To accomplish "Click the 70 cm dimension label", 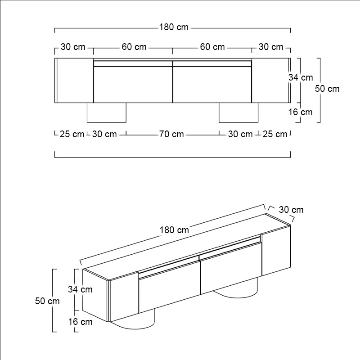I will [x=171, y=134].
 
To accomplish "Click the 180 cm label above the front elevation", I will [x=173, y=27].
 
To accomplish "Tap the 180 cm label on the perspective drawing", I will [x=174, y=229].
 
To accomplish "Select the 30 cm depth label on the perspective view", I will [x=291, y=210].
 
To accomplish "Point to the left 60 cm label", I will [x=134, y=47].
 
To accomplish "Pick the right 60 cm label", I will [x=212, y=47].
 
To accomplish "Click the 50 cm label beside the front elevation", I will [x=327, y=89].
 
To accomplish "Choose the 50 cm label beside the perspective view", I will [x=47, y=301].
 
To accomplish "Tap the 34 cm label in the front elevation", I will [x=301, y=77].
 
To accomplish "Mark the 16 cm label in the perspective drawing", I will [x=81, y=321].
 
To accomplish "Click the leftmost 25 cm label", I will [x=72, y=134].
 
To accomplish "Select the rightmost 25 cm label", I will [x=274, y=134].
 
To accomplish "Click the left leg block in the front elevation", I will [x=106, y=112].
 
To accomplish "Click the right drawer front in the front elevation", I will [x=212, y=84].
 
